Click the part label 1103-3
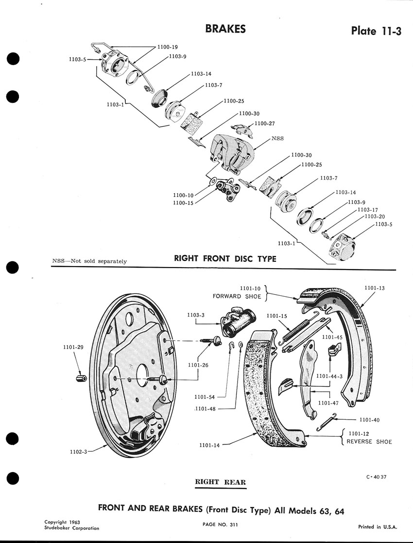click(196, 315)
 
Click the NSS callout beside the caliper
click(277, 138)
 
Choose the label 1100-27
click(265, 123)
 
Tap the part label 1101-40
click(370, 420)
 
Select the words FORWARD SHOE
click(237, 296)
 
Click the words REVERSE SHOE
click(369, 442)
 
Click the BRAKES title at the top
click(225, 29)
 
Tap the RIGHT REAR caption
click(220, 482)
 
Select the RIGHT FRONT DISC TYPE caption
click(225, 258)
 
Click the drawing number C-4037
click(377, 476)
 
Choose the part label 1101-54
click(205, 397)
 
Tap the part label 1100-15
click(183, 203)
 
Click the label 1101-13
click(375, 288)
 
